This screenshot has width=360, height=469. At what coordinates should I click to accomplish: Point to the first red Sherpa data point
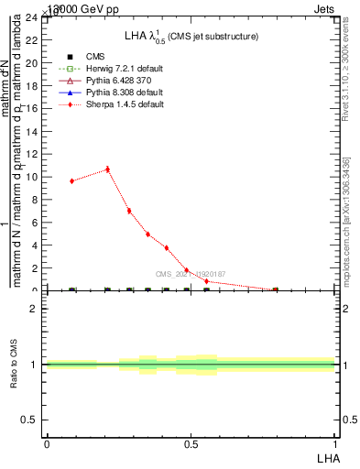coord(72,181)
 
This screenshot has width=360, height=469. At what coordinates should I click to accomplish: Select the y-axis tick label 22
coord(32,40)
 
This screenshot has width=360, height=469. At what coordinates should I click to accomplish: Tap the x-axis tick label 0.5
coord(191,443)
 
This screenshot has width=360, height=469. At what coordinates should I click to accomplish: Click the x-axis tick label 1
coord(334,443)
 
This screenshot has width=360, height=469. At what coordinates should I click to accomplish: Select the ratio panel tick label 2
coord(35,309)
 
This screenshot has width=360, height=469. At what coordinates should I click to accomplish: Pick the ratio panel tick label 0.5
coord(30,420)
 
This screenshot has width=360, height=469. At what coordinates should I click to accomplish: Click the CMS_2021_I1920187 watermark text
coord(190,274)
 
